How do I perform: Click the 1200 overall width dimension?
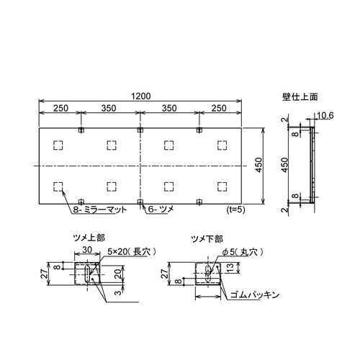[x=141, y=96]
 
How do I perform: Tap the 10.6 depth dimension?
[x=325, y=116]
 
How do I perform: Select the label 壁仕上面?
[x=300, y=96]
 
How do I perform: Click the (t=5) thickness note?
[x=235, y=210]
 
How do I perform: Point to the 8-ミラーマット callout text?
[x=100, y=210]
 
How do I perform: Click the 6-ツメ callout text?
[x=161, y=210]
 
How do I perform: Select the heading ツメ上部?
[x=89, y=238]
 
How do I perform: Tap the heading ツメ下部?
[x=207, y=239]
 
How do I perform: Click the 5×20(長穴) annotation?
[x=132, y=252]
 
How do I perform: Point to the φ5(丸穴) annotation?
[x=243, y=252]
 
